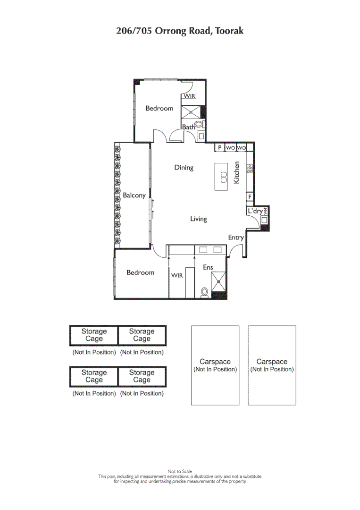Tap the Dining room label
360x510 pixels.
click(x=184, y=168)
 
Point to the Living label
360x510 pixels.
click(x=199, y=219)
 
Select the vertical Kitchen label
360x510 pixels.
click(x=237, y=173)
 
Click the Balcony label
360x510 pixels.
click(x=134, y=195)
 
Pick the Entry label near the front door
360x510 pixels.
click(x=236, y=238)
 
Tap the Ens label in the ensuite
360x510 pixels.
click(x=208, y=267)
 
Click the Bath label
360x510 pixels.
click(x=189, y=127)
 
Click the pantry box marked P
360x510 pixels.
click(x=220, y=148)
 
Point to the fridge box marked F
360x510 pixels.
click(x=250, y=196)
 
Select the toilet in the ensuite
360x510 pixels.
click(x=204, y=292)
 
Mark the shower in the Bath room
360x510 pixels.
click(x=192, y=112)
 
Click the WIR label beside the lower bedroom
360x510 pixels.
click(x=177, y=276)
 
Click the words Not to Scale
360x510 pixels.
click(x=180, y=471)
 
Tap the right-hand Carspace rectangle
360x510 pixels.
click(x=272, y=365)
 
